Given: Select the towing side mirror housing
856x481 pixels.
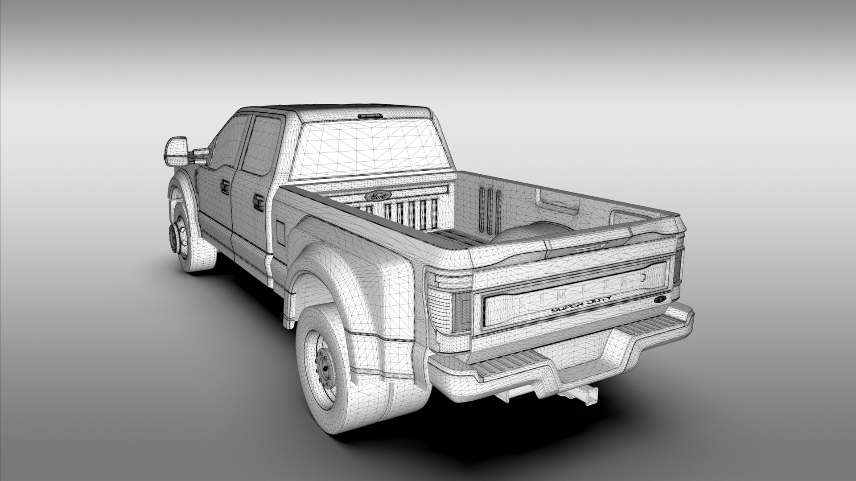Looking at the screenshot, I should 173,151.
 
